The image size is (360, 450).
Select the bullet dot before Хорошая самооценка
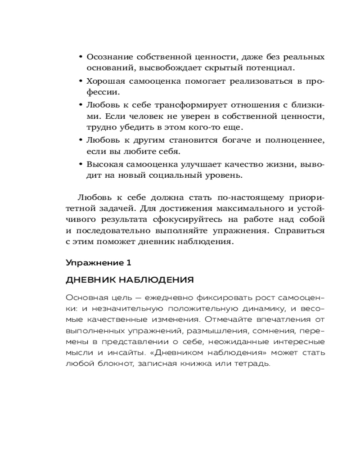(x=81, y=81)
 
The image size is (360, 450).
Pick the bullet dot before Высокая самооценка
(x=81, y=164)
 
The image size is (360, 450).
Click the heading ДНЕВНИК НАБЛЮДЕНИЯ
(x=130, y=280)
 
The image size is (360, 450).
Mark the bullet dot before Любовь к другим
(x=81, y=140)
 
